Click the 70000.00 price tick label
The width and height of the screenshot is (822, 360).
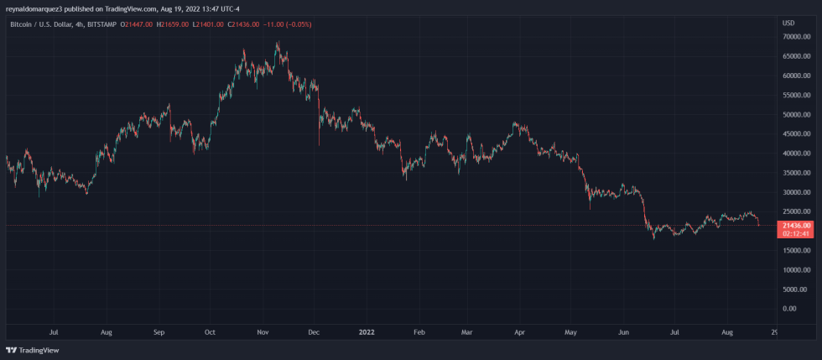click(795, 37)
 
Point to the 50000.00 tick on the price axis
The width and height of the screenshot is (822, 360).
click(795, 115)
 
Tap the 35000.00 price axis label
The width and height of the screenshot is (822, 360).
click(795, 173)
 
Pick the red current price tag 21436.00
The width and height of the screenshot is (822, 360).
click(796, 226)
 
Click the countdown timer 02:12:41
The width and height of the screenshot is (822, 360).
click(796, 234)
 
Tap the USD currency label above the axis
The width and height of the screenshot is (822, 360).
click(788, 23)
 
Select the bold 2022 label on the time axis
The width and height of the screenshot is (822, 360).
click(367, 333)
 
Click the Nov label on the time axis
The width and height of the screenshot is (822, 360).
click(263, 333)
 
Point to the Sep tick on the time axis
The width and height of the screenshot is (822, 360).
click(159, 333)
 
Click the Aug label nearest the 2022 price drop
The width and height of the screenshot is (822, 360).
click(728, 333)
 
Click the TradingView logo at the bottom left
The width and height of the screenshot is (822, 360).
click(26, 350)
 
